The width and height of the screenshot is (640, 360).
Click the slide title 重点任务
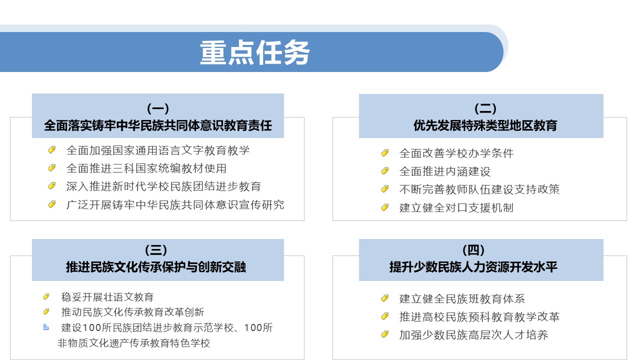click(254, 52)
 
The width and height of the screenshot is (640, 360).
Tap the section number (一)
click(158, 108)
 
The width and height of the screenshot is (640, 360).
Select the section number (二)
click(485, 108)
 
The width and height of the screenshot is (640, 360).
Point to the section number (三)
click(156, 250)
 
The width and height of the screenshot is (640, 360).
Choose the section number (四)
click(473, 250)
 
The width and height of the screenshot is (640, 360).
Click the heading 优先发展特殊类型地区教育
click(485, 125)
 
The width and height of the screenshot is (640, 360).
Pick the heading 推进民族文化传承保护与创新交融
click(156, 267)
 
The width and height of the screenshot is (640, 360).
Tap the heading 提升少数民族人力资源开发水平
click(473, 267)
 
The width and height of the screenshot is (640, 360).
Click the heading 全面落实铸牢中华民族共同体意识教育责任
click(158, 125)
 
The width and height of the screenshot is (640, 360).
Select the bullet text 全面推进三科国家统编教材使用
click(146, 168)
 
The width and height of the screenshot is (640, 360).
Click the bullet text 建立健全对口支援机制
click(456, 207)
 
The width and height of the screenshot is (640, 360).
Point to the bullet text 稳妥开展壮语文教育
click(107, 297)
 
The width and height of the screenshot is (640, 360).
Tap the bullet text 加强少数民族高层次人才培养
click(473, 335)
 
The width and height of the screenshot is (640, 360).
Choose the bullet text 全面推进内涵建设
click(445, 171)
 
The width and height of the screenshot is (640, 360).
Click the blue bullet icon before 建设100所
click(45, 327)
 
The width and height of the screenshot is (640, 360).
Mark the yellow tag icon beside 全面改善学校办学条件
click(385, 153)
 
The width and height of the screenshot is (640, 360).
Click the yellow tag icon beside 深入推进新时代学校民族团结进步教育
click(51, 186)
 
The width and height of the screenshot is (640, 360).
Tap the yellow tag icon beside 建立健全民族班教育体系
click(385, 298)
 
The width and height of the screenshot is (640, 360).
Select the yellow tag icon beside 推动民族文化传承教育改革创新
click(46, 311)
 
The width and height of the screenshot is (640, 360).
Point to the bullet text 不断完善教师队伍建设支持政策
click(479, 189)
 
